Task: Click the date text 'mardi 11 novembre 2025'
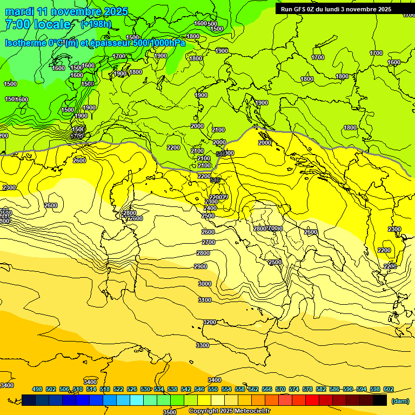(66, 11)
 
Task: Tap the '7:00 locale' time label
(38, 24)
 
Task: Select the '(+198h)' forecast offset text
(96, 24)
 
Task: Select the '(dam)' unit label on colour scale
(399, 400)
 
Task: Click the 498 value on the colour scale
(37, 389)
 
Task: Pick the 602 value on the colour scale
(389, 389)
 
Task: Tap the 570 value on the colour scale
(280, 389)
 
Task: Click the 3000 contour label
(204, 284)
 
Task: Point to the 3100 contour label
(204, 300)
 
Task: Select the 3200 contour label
(210, 322)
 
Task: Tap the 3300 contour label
(202, 345)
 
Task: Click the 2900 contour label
(200, 266)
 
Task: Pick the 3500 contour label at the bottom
(170, 412)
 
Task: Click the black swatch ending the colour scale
(380, 400)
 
